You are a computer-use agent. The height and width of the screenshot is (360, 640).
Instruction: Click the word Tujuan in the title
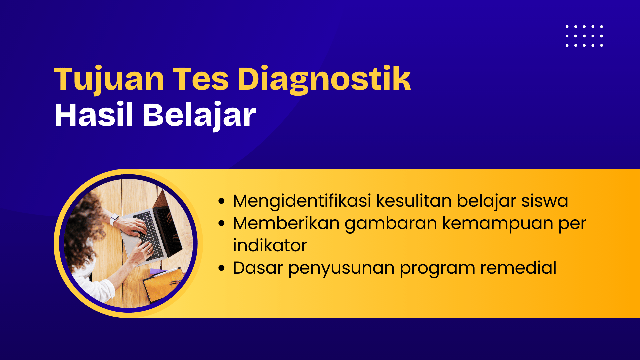109,79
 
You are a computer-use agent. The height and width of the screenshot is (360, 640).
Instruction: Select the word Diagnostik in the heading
324,79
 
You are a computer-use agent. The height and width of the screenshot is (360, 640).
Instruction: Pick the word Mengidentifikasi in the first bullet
302,201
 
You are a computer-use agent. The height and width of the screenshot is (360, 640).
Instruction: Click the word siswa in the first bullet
545,201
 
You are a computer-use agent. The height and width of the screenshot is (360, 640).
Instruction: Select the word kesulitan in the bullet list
414,201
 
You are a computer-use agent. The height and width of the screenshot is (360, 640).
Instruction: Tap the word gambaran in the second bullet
391,224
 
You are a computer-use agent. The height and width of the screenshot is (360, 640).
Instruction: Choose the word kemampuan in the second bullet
498,224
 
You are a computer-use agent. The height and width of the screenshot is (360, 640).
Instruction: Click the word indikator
270,246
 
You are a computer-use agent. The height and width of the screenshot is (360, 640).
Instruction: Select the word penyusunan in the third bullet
341,269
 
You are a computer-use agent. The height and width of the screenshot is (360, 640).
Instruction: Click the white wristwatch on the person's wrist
114,219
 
